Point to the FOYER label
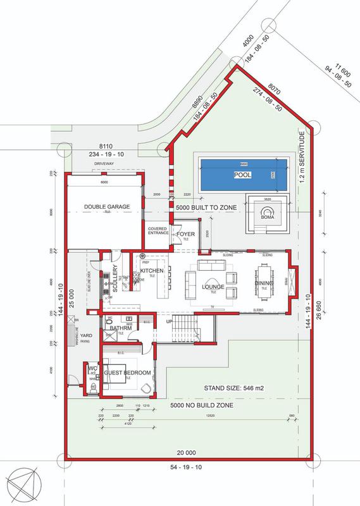pos(185,234)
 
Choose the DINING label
pos(264,283)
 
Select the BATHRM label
pos(120,329)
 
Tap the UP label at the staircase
pos(168,321)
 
